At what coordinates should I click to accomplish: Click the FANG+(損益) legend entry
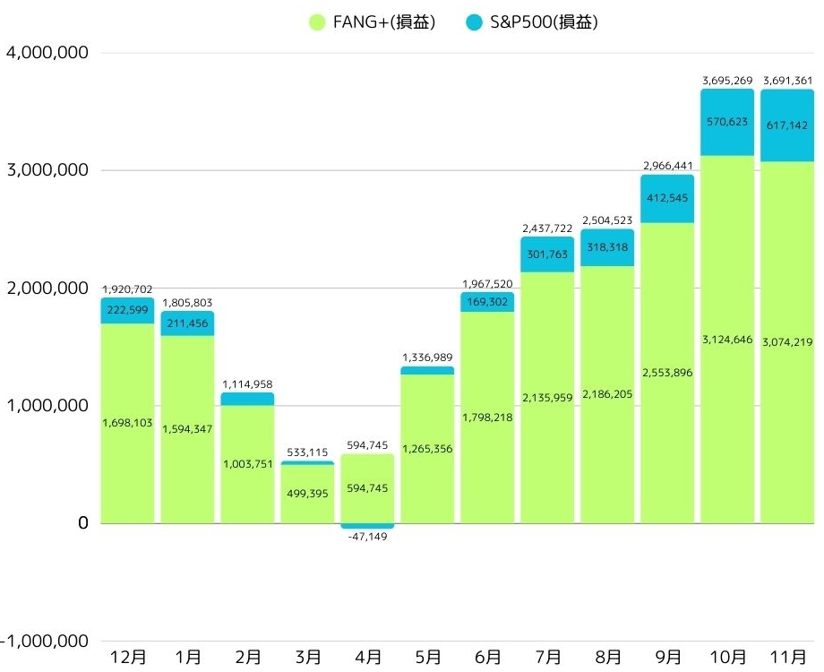pyautogui.click(x=371, y=22)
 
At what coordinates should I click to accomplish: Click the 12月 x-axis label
pyautogui.click(x=127, y=657)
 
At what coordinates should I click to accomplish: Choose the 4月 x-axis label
pyautogui.click(x=367, y=657)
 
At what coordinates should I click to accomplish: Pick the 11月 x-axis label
pyautogui.click(x=787, y=657)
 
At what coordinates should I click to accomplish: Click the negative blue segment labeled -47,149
pyautogui.click(x=367, y=526)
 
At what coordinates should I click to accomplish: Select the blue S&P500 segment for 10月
pyautogui.click(x=726, y=123)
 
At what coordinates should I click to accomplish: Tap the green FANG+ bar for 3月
pyautogui.click(x=307, y=494)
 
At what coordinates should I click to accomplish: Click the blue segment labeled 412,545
pyautogui.click(x=666, y=199)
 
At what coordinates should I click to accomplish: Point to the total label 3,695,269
pyautogui.click(x=726, y=81)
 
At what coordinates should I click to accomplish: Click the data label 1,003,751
pyautogui.click(x=247, y=464)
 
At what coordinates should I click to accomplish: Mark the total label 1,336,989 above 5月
pyautogui.click(x=427, y=358)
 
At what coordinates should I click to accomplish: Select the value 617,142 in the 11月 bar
pyautogui.click(x=787, y=126)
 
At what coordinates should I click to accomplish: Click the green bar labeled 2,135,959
pyautogui.click(x=547, y=398)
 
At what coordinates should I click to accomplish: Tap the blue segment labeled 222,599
pyautogui.click(x=127, y=310)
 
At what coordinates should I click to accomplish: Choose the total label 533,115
pyautogui.click(x=307, y=452)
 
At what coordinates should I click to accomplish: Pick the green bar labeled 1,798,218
pyautogui.click(x=487, y=418)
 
